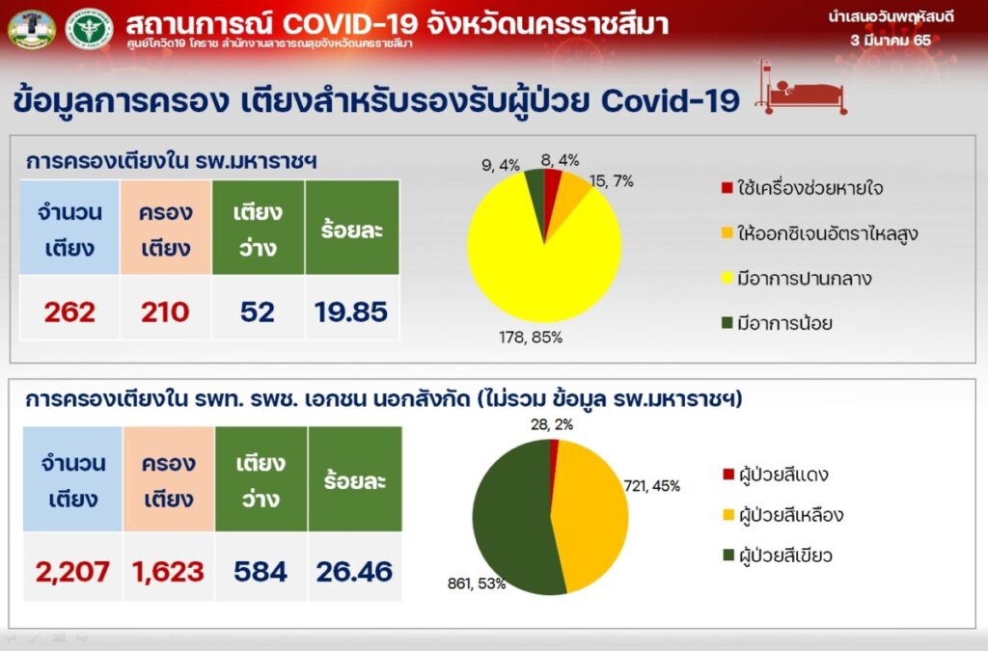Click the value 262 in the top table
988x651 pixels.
coord(69,312)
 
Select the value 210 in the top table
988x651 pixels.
coord(165,312)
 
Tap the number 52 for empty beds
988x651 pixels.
coord(258,312)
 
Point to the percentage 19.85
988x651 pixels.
coord(351,312)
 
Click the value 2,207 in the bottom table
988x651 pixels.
coord(72,572)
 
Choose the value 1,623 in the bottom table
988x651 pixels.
coord(168,572)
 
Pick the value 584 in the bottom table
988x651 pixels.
coord(261,572)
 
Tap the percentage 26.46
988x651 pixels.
coord(354,572)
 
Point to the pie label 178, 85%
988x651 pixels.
coord(531,338)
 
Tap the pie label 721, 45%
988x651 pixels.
coord(652,486)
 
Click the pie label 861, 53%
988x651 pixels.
coord(477,583)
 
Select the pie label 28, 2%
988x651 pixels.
coord(552,425)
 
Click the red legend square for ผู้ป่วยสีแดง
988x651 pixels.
coord(728,475)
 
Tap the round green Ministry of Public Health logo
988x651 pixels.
coord(89,28)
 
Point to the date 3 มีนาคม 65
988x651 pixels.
coord(891,41)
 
